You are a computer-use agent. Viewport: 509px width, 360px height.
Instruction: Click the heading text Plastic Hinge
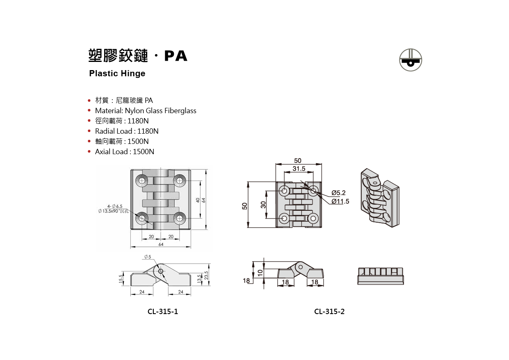coord(117,74)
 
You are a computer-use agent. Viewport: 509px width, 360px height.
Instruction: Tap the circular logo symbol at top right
coord(411,60)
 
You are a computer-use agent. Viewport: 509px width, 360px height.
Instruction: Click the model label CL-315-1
coord(163,312)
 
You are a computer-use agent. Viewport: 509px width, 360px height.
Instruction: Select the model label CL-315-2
coord(329,312)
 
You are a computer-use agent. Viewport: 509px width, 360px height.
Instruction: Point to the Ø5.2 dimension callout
coord(338,193)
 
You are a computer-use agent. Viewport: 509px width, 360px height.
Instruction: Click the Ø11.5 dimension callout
coord(340,201)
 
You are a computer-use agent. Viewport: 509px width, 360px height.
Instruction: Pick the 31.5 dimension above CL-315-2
coord(299,169)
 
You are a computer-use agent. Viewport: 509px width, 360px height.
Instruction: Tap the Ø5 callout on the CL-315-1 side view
coord(148,257)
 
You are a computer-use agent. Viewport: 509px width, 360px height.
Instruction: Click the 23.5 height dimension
coord(206,275)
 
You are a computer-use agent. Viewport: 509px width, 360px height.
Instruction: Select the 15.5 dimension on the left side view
coord(121,279)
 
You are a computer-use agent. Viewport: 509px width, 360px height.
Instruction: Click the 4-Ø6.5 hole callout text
coord(115,206)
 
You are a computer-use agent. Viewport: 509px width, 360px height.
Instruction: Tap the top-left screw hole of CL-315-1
coord(142,180)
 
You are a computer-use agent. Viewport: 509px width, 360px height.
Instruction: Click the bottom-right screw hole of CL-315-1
coord(179,217)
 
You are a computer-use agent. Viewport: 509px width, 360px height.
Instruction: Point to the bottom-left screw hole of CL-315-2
coord(283,218)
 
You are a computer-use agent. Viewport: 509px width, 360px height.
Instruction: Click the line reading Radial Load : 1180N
coord(126,131)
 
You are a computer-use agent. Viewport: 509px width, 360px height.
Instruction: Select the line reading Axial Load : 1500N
coord(124,152)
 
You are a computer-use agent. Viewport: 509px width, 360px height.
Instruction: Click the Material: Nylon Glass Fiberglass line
coord(145,111)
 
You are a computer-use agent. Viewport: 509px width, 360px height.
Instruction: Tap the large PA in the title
coord(176,56)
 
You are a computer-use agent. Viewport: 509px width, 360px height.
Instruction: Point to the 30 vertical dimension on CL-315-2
coord(263,204)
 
